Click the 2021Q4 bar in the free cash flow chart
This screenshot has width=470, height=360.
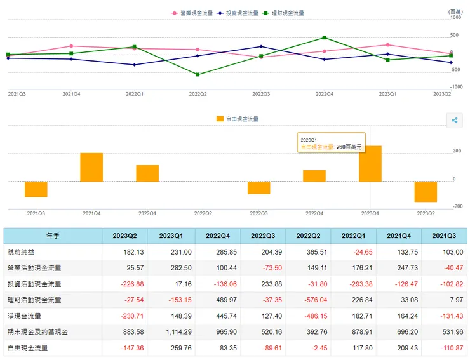(x=91, y=167)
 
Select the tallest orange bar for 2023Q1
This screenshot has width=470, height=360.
(x=370, y=164)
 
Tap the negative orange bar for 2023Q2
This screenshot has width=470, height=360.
(x=426, y=192)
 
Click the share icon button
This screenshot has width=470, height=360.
(x=455, y=121)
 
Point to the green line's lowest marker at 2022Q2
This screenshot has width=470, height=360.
(x=198, y=75)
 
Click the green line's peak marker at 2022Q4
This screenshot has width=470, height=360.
(x=324, y=37)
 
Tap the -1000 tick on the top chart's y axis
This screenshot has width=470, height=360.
(x=456, y=87)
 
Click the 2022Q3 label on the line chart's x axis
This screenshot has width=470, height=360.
(x=261, y=94)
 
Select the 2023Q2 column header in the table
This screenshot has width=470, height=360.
(x=125, y=236)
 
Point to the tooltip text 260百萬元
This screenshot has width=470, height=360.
(x=349, y=147)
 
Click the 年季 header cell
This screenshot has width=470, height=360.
(x=53, y=236)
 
